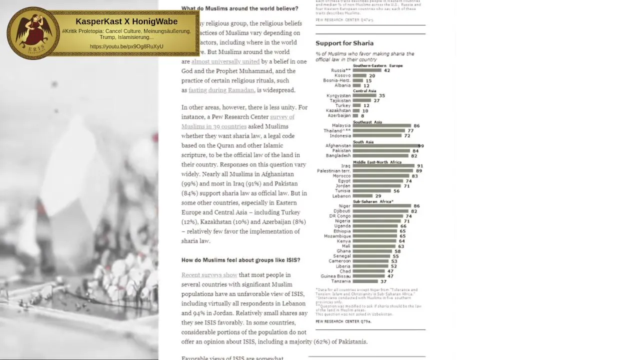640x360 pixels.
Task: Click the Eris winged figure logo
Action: [x=33, y=33]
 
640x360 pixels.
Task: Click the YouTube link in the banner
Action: [x=126, y=46]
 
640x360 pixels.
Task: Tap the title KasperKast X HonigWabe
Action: [x=126, y=21]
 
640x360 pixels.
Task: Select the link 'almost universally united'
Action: [x=225, y=61]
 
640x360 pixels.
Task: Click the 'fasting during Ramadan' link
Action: [x=221, y=90]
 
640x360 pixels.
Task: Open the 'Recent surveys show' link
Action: [x=209, y=275]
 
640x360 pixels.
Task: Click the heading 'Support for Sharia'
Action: [x=344, y=43]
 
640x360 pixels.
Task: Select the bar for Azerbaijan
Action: [x=355, y=116]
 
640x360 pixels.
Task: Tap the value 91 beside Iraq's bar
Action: [x=420, y=166]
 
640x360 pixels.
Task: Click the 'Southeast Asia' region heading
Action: [x=367, y=122]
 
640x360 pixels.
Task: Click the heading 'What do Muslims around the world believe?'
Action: [x=239, y=8]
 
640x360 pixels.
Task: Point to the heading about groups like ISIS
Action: [x=240, y=260]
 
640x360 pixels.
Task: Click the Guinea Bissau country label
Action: [x=335, y=276]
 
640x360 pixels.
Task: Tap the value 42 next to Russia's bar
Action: [x=386, y=70]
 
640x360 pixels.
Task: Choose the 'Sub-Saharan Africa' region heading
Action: [x=372, y=201]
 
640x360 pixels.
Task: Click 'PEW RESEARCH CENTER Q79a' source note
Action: [x=343, y=321]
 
